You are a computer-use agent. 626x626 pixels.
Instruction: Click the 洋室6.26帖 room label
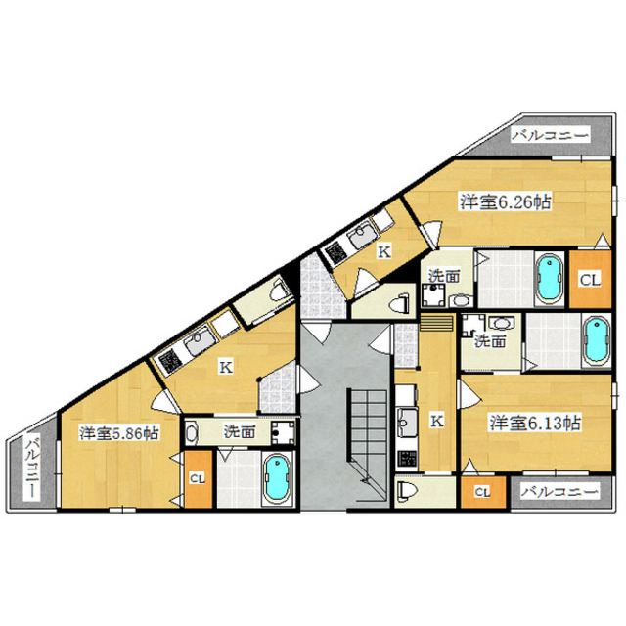tap(506, 202)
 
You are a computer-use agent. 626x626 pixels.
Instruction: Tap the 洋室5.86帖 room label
tap(119, 433)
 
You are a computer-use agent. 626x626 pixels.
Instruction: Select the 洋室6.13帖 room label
tap(535, 423)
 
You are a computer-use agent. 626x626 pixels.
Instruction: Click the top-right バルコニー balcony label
tap(551, 135)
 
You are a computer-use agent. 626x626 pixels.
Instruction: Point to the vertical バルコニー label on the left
tap(33, 468)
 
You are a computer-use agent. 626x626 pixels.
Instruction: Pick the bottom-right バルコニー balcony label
tap(560, 491)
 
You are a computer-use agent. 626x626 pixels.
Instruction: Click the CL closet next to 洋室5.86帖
tap(198, 479)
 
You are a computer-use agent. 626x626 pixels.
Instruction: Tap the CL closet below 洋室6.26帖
tap(590, 280)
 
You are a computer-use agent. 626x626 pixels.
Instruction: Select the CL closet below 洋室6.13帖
tap(482, 492)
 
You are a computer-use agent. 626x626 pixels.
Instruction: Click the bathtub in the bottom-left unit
tap(278, 478)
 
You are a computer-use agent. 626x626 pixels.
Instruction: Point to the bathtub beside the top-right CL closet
tap(550, 278)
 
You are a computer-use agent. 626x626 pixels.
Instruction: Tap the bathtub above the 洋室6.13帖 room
tap(596, 340)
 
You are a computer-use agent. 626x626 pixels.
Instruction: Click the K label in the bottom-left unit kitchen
tap(226, 367)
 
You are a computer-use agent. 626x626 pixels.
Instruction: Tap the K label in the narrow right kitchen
tap(437, 421)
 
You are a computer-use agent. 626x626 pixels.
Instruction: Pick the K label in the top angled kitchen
tap(384, 251)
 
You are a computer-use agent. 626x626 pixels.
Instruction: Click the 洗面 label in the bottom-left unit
tap(239, 431)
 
